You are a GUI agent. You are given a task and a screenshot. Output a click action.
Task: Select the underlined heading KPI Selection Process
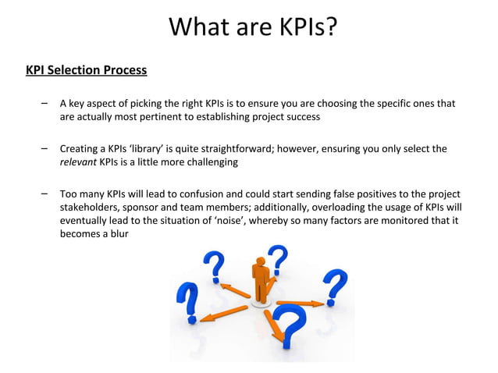[86, 70]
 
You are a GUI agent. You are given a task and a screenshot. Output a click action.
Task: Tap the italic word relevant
[78, 162]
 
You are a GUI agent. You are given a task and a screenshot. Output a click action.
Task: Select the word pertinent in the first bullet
[185, 117]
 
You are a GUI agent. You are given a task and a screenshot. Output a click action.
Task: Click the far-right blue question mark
[336, 286]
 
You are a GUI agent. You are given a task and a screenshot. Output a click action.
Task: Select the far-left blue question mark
[187, 303]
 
